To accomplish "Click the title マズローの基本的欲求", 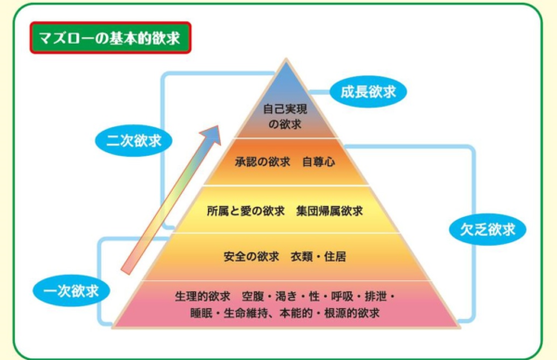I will tap(110, 39).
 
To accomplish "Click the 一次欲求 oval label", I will tap(71, 290).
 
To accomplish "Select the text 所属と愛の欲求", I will tap(246, 212).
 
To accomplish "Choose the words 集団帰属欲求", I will tap(329, 212).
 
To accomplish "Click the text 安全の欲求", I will tap(252, 254).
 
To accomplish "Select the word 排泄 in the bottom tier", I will tap(373, 296).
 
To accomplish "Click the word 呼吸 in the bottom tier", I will tap(336, 296).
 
